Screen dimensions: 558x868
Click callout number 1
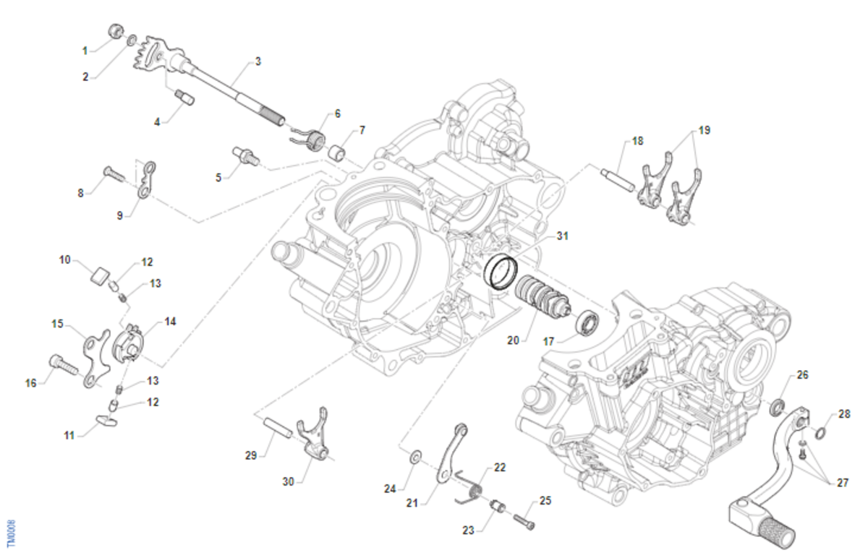tap(85, 51)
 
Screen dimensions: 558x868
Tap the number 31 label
tap(563, 236)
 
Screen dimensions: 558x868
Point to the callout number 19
tap(705, 131)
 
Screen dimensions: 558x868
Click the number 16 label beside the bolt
tap(31, 383)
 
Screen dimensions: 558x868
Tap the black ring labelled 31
tap(501, 272)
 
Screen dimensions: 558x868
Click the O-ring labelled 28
tap(820, 433)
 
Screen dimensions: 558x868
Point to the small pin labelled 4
tap(182, 97)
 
